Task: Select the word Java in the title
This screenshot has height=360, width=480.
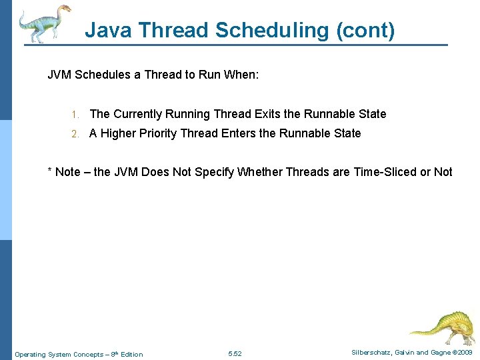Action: click(107, 30)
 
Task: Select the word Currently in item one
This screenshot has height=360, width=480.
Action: click(137, 114)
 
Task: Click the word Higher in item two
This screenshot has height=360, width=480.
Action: click(118, 133)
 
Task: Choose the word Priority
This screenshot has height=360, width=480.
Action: click(159, 133)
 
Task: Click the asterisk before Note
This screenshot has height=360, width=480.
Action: click(49, 171)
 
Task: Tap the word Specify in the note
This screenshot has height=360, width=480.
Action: click(214, 172)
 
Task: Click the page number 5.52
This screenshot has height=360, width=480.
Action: click(235, 354)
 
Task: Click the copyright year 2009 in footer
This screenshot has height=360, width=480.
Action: click(465, 352)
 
